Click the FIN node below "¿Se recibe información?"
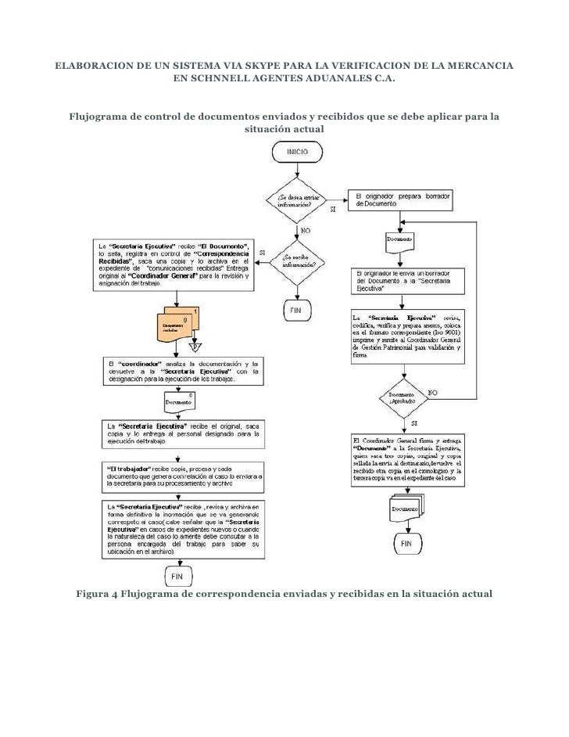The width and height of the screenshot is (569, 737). coord(295,310)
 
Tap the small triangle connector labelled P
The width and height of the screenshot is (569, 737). coord(195,345)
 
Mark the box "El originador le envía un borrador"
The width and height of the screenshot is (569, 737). coord(406,280)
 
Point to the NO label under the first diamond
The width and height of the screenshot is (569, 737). coord(305,230)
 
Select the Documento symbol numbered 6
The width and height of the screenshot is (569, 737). coord(179,401)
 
